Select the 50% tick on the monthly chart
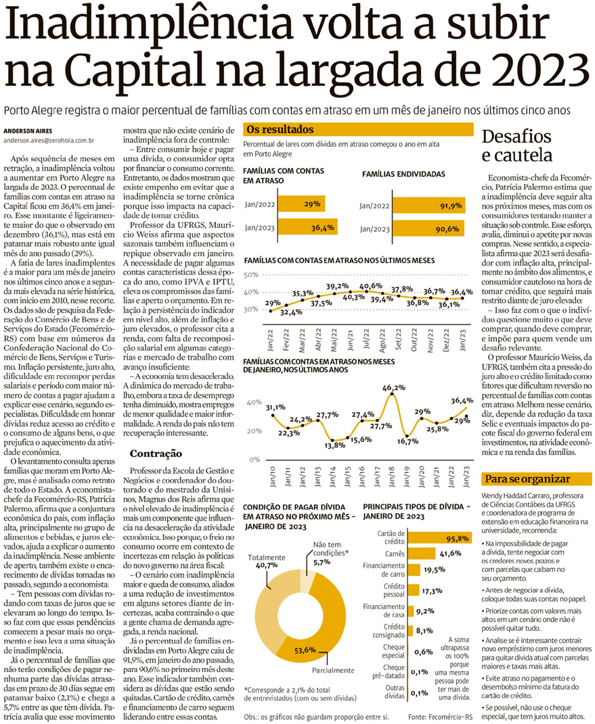pyautogui.click(x=250, y=274)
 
